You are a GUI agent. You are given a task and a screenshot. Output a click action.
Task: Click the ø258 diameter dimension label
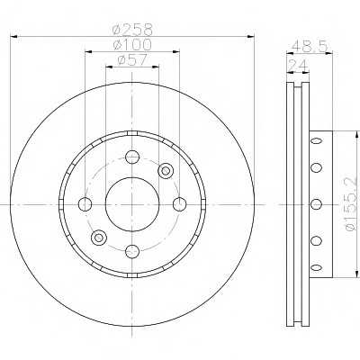[132, 29]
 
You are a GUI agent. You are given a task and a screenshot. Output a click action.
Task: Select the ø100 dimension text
[132, 45]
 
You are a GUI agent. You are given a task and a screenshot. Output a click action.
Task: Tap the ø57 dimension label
[132, 59]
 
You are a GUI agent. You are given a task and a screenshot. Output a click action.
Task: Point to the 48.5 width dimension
[310, 46]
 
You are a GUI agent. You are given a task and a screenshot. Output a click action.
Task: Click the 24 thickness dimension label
[298, 65]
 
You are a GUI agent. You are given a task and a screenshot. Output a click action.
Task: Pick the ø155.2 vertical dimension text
[352, 204]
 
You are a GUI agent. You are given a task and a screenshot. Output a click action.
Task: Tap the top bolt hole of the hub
[132, 157]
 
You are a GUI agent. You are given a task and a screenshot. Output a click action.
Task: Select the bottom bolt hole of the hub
[132, 251]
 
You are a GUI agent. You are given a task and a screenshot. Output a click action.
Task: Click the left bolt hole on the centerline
[85, 204]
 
